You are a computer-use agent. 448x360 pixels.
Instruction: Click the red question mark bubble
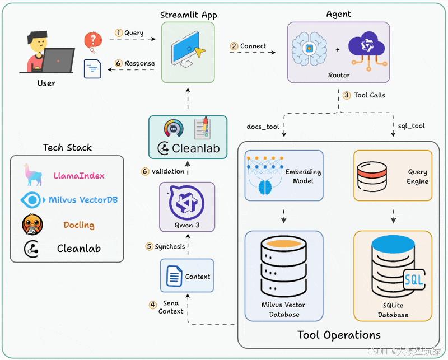pos(93,41)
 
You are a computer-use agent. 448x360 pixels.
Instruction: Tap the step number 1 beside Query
pos(119,32)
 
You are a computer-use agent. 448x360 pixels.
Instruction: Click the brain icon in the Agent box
pos(309,49)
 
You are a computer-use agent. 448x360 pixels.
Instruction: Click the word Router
pos(339,75)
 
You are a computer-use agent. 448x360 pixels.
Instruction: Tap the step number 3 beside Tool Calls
pos(347,95)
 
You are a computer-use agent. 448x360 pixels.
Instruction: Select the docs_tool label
pos(263,127)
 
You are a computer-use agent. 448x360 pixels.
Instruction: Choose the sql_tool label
pos(412,126)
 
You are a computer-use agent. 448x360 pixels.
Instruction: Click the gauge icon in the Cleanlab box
pos(174,128)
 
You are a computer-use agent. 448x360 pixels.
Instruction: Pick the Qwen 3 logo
pos(187,203)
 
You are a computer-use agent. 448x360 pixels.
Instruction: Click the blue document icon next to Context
pos(174,275)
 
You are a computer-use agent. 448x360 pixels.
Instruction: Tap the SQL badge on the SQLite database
pos(414,279)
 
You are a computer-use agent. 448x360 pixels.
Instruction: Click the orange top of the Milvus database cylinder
pos(284,244)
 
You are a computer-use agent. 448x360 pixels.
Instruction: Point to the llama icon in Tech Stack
pos(32,175)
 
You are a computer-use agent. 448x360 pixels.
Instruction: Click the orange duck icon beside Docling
pos(32,225)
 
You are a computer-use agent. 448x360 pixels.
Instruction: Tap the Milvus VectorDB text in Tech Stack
pos(83,200)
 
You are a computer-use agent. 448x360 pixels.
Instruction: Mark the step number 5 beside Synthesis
pos(149,246)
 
